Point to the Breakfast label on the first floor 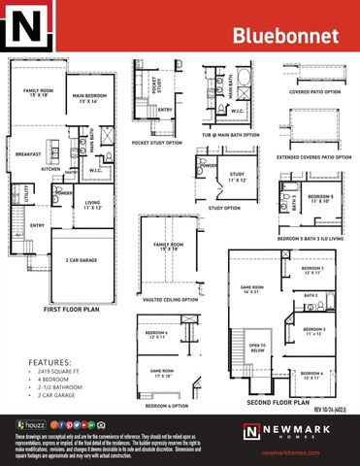(x=27, y=153)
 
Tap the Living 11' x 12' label (x=93, y=205)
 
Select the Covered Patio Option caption (x=313, y=92)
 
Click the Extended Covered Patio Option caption (x=313, y=156)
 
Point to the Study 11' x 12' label (x=237, y=178)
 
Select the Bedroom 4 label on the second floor (x=311, y=374)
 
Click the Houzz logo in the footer (x=29, y=424)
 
